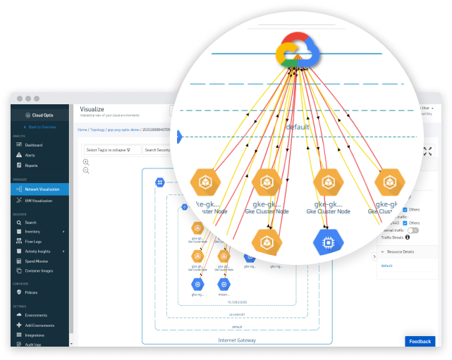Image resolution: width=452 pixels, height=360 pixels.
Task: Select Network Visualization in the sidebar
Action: (x=42, y=190)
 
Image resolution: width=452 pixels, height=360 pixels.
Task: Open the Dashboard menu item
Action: (x=34, y=145)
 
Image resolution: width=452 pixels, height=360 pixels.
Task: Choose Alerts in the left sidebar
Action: (x=30, y=155)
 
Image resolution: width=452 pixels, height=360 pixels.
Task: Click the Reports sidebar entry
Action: (x=32, y=166)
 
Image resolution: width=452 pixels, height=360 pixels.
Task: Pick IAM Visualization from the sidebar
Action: (x=39, y=200)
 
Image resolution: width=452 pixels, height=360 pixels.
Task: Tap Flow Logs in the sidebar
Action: (x=34, y=240)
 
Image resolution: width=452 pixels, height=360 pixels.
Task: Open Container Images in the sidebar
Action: (x=39, y=270)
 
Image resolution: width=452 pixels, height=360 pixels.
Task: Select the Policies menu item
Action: (x=31, y=292)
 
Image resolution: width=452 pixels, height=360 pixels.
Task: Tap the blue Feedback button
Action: (x=420, y=342)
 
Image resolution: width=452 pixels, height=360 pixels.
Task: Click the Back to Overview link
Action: (x=42, y=127)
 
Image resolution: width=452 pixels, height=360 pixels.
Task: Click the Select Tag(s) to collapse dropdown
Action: (x=112, y=150)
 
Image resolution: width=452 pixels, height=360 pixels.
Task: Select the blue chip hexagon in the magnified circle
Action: (x=329, y=242)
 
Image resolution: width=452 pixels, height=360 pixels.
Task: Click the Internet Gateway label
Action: (x=237, y=340)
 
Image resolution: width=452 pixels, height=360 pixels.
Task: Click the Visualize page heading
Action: (x=92, y=109)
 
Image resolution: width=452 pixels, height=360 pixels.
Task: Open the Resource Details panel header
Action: (x=400, y=251)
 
